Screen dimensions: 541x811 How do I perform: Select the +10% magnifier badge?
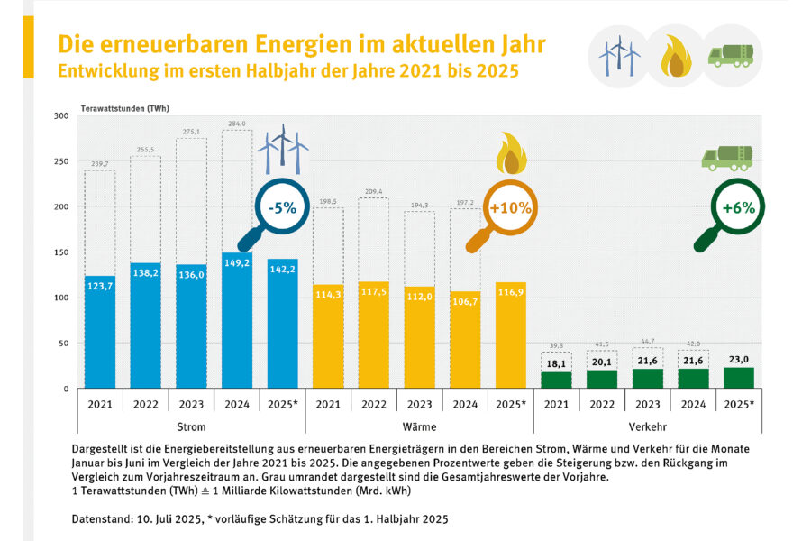[x=510, y=206]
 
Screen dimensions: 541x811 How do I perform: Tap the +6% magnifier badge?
[x=737, y=206]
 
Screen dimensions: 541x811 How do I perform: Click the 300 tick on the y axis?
[x=61, y=116]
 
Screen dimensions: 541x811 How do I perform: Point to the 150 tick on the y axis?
[x=61, y=252]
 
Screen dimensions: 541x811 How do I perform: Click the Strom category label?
[x=191, y=426]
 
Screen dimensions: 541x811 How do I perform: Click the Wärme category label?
[x=420, y=426]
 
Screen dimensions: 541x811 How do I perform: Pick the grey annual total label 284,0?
[x=237, y=124]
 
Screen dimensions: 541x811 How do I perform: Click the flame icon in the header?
[x=675, y=57]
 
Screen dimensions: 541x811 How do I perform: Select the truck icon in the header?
[x=732, y=55]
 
